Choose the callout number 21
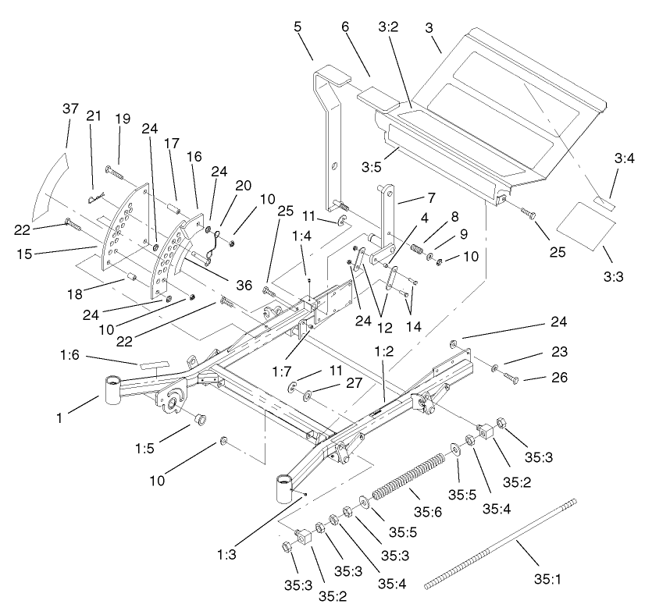pyautogui.click(x=94, y=115)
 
